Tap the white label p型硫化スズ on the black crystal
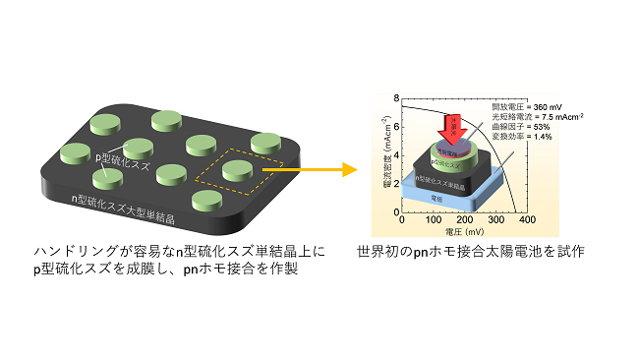(122, 157)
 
